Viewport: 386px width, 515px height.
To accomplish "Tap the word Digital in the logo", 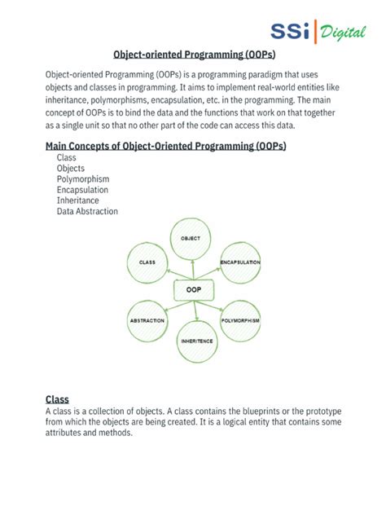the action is pyautogui.click(x=343, y=33).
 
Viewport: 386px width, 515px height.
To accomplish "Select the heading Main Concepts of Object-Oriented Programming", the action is pyautogui.click(x=166, y=146).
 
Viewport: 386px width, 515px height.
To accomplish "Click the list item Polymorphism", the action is pyautogui.click(x=83, y=179).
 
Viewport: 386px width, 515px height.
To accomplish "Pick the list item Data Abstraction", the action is pyautogui.click(x=87, y=211).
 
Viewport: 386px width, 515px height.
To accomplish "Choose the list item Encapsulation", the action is pyautogui.click(x=82, y=190).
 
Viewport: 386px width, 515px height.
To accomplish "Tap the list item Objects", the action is pyautogui.click(x=71, y=169).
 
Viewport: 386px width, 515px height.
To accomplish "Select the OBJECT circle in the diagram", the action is pyautogui.click(x=191, y=238).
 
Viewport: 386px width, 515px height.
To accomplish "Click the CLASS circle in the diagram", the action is pyautogui.click(x=147, y=262).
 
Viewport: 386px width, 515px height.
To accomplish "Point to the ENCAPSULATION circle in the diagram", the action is pyautogui.click(x=240, y=262).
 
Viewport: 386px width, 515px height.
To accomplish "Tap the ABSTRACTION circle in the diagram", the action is pyautogui.click(x=147, y=320).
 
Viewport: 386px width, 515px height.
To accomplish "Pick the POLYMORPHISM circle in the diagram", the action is pyautogui.click(x=240, y=321).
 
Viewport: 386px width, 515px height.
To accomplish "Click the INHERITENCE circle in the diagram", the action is pyautogui.click(x=197, y=340).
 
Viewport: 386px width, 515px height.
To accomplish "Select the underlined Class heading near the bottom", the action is pyautogui.click(x=57, y=399).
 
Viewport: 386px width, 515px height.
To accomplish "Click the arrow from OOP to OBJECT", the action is pyautogui.click(x=192, y=270).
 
